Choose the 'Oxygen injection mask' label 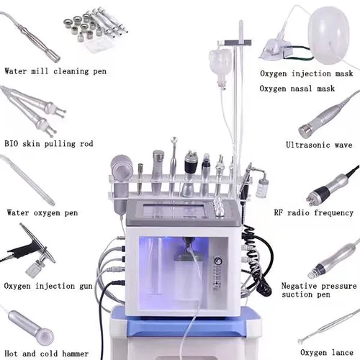click(307, 73)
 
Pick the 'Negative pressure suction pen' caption click(316, 290)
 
